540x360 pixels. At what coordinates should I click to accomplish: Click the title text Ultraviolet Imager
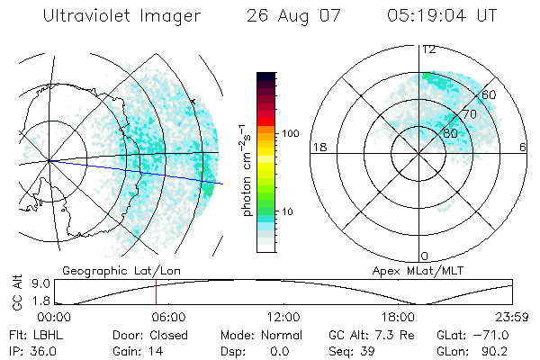pyautogui.click(x=122, y=17)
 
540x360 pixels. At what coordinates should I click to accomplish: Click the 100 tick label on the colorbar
pyautogui.click(x=291, y=132)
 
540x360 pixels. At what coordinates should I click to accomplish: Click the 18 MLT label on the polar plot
pyautogui.click(x=319, y=147)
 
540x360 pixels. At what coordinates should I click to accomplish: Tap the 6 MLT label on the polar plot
pyautogui.click(x=523, y=147)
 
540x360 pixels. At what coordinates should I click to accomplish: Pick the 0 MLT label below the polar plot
pyautogui.click(x=424, y=256)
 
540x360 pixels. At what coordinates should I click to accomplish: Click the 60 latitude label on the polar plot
pyautogui.click(x=489, y=94)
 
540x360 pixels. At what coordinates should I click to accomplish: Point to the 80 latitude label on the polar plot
pyautogui.click(x=450, y=133)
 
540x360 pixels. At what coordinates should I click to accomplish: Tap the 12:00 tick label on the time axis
pyautogui.click(x=284, y=317)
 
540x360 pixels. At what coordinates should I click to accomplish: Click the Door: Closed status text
pyautogui.click(x=138, y=335)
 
